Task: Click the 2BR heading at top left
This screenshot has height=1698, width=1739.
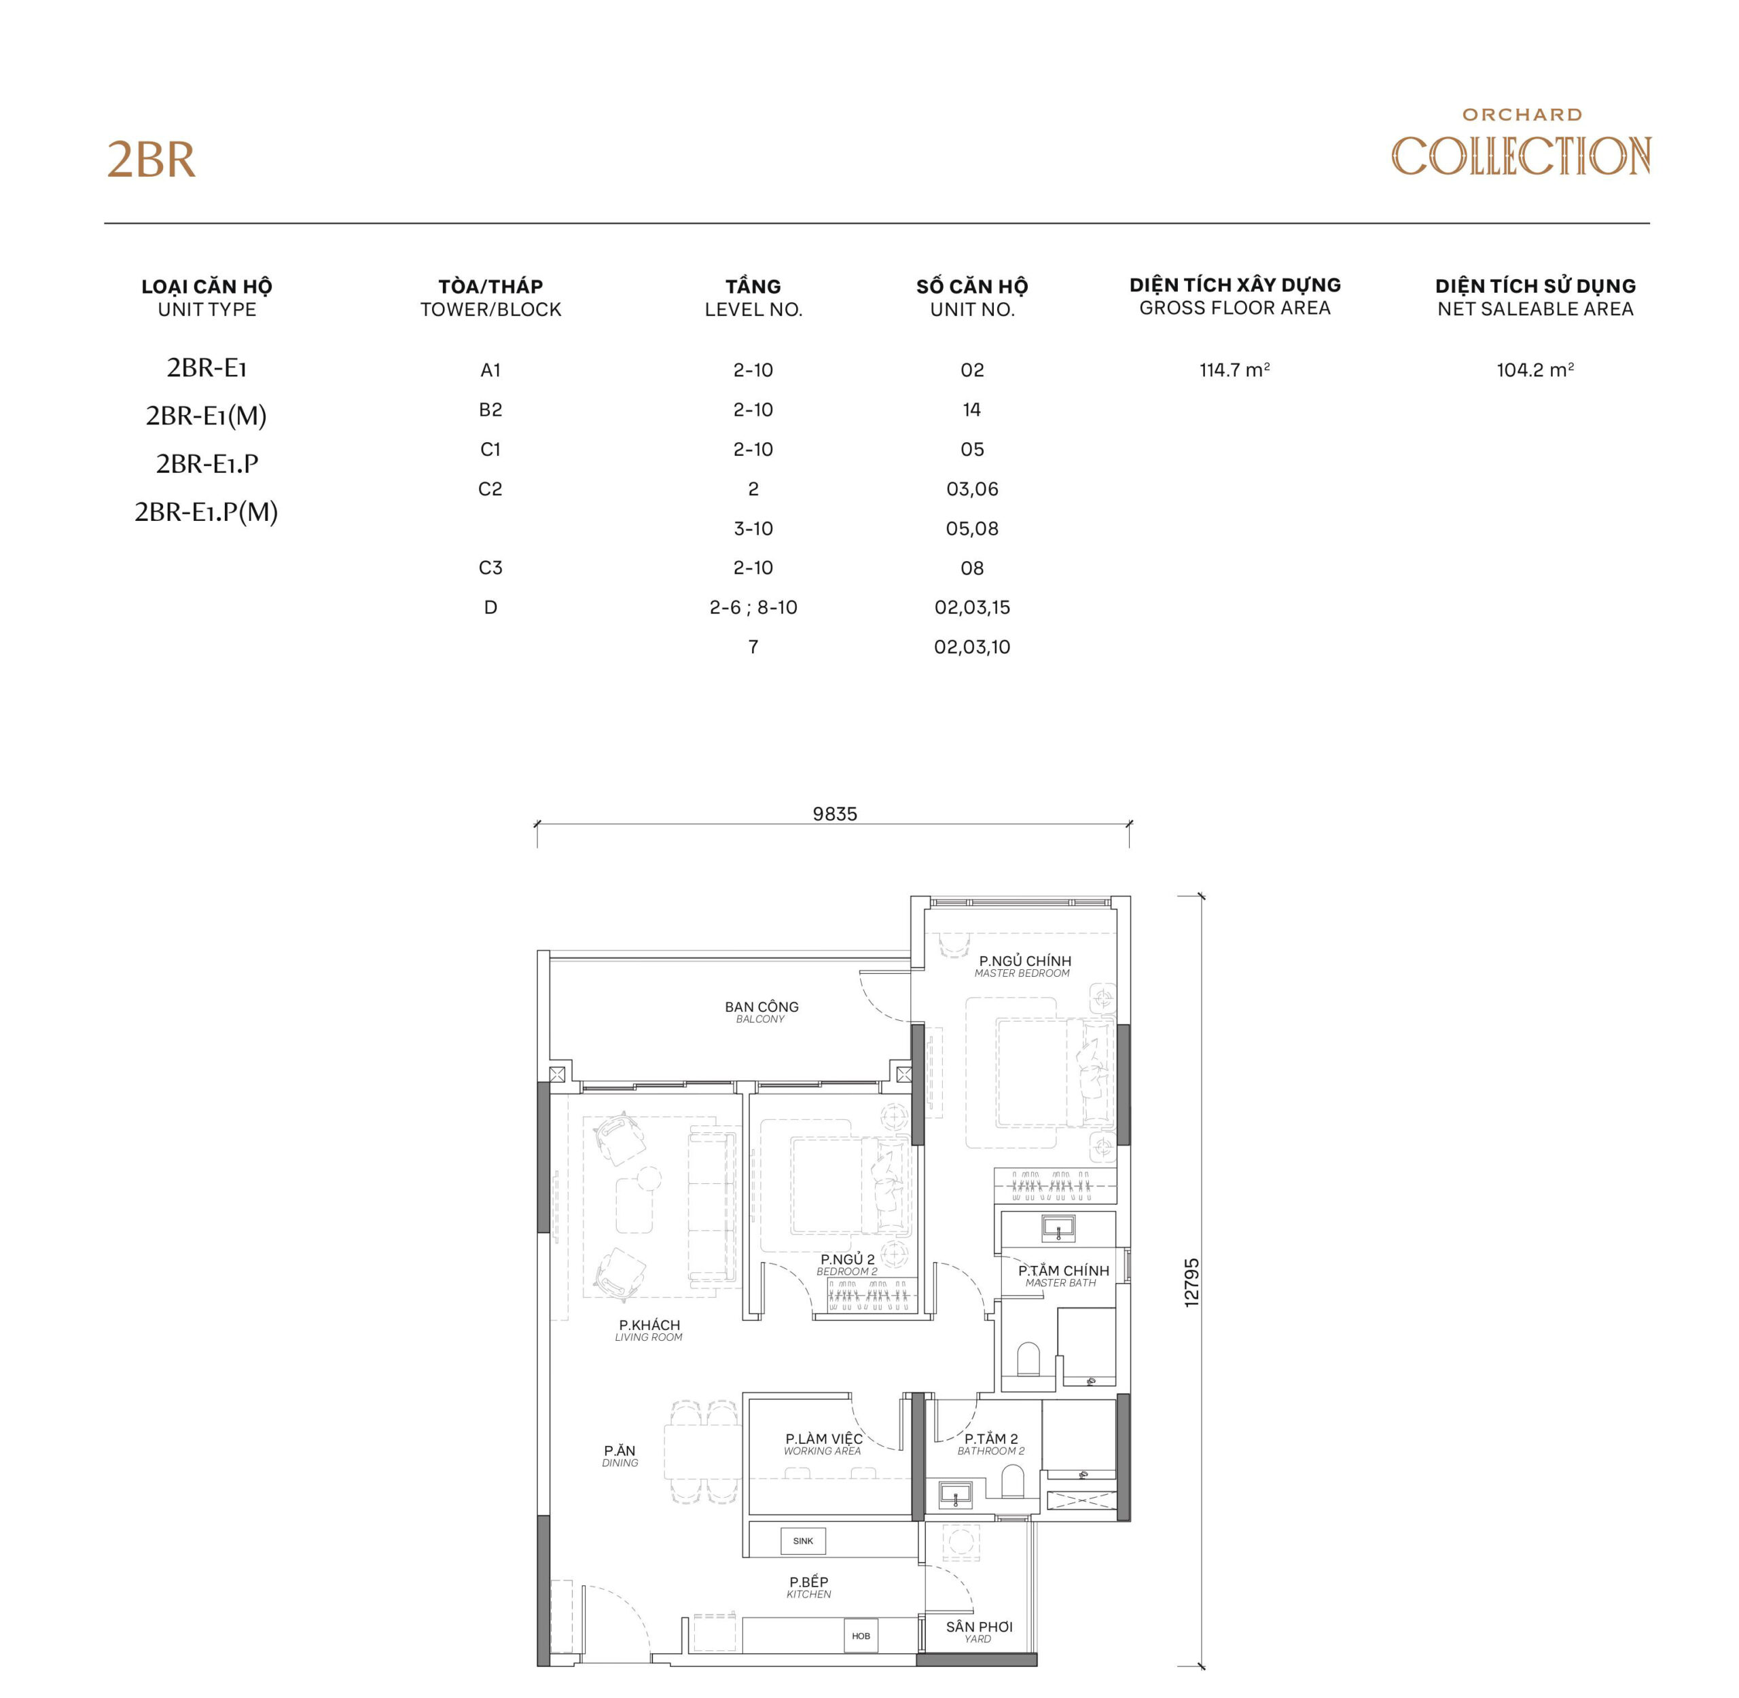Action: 151,160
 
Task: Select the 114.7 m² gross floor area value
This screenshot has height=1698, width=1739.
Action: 1234,370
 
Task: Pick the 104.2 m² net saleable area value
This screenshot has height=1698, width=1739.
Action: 1534,370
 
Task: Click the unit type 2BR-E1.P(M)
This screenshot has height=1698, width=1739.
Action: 206,512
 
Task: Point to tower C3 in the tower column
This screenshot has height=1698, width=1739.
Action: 490,568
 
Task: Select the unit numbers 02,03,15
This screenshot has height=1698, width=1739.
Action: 971,607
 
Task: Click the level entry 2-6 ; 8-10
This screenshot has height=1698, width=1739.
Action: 753,607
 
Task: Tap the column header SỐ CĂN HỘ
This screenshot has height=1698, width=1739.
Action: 971,286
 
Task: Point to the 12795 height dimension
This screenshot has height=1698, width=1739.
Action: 1191,1282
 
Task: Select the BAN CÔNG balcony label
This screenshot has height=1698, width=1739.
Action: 761,1011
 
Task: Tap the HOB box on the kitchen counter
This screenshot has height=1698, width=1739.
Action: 860,1636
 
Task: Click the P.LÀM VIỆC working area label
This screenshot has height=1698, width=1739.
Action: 823,1443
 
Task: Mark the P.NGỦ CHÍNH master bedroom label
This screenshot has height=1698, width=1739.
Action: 1024,966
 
